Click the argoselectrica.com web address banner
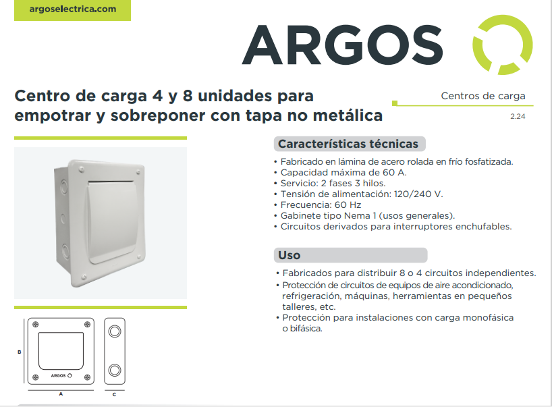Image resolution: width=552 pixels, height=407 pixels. [x=72, y=10]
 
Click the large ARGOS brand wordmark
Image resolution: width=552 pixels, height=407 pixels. [x=342, y=45]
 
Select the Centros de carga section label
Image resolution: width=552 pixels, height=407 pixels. [x=483, y=96]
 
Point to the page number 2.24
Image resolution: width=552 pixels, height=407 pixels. [x=518, y=117]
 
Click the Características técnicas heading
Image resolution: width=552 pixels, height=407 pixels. [x=348, y=144]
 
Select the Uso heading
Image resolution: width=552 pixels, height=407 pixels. [x=289, y=255]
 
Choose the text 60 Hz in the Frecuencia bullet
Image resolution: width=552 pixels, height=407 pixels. [x=348, y=205]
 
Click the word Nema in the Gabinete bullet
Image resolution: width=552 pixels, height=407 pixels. [x=356, y=215]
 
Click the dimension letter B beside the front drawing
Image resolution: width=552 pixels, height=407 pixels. [x=20, y=352]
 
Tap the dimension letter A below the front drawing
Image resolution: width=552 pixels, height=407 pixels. [x=61, y=394]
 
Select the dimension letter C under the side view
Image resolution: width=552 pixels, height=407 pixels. [x=114, y=395]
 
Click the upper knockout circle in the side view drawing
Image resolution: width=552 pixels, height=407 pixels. [x=115, y=331]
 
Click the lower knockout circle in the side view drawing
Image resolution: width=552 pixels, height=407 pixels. [x=115, y=370]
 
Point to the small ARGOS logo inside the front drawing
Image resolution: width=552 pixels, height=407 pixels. [x=61, y=376]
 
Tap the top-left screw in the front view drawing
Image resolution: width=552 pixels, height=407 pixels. [x=35, y=324]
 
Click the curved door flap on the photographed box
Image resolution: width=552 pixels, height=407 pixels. [x=111, y=222]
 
